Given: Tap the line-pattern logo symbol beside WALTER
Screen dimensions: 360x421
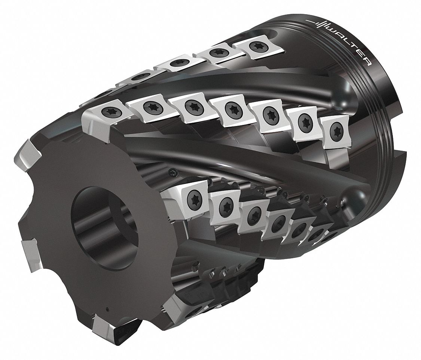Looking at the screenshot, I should pos(319,24).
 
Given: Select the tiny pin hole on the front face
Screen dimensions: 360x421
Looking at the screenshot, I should pos(107,309).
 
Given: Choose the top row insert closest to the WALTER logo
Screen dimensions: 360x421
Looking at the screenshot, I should pos(254,47).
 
